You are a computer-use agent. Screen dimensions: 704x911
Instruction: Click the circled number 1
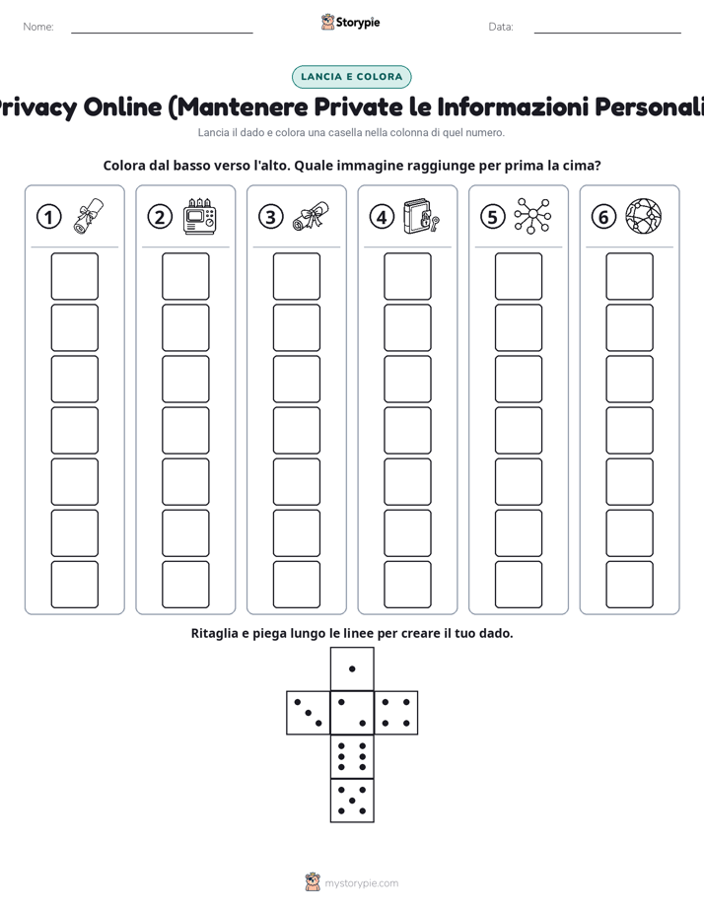[48, 217]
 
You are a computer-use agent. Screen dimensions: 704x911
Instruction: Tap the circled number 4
[382, 217]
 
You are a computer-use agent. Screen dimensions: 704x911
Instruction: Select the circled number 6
[603, 217]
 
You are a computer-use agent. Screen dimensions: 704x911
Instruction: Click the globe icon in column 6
[644, 216]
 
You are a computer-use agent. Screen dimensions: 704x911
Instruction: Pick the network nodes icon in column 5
[532, 216]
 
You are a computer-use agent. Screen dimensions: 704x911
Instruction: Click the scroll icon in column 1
[89, 216]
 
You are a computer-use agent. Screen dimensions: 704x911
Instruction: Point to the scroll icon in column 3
[311, 216]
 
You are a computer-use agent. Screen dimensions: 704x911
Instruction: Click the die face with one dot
[352, 668]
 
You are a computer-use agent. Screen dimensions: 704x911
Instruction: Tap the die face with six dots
[352, 757]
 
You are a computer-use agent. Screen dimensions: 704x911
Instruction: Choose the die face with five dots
[352, 801]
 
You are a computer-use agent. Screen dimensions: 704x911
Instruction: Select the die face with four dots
[396, 713]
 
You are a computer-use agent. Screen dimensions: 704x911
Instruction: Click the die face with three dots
[308, 713]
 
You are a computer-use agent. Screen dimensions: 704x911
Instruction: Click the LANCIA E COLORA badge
[351, 77]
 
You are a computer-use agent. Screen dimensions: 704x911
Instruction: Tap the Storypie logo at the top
[350, 22]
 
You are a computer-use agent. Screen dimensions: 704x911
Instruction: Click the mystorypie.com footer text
[361, 883]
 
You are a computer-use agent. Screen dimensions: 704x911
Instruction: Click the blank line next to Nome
[162, 33]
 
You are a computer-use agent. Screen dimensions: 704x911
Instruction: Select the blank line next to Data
[607, 33]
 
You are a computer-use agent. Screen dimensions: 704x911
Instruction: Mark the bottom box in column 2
[185, 585]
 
